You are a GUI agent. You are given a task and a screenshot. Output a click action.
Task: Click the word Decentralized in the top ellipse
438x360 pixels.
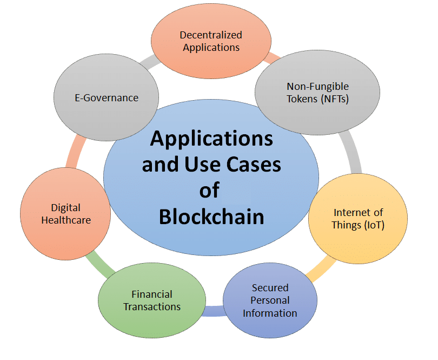pyautogui.click(x=211, y=35)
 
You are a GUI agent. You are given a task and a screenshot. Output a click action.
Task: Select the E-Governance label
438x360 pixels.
pyautogui.click(x=107, y=98)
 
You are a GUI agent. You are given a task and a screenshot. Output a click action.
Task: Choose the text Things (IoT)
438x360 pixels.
pyautogui.click(x=358, y=225)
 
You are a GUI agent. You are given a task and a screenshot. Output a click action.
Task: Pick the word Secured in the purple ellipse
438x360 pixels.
pyautogui.click(x=270, y=287)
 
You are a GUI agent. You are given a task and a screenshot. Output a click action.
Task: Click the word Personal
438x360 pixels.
pyautogui.click(x=270, y=300)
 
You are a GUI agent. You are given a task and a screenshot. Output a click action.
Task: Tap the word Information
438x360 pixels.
pyautogui.click(x=270, y=313)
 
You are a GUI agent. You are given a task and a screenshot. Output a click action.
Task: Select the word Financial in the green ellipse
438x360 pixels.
pyautogui.click(x=152, y=294)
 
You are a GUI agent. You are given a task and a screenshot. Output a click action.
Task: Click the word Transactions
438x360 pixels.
pyautogui.click(x=152, y=306)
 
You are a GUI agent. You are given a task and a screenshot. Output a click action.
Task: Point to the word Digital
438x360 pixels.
pyautogui.click(x=65, y=207)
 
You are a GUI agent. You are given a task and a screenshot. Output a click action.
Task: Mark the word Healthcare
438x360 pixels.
pyautogui.click(x=65, y=220)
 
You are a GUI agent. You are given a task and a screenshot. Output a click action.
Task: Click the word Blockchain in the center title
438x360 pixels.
pyautogui.click(x=211, y=217)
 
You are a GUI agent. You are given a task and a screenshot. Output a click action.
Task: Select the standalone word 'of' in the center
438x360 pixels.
pyautogui.click(x=211, y=190)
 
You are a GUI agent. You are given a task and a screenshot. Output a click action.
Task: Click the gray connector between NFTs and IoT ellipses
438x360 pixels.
pyautogui.click(x=352, y=154)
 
